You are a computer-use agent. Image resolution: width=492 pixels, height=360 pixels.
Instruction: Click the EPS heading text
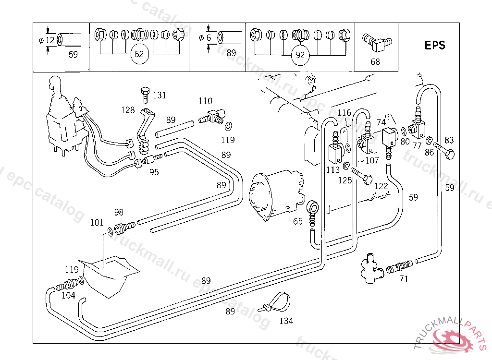click(x=435, y=45)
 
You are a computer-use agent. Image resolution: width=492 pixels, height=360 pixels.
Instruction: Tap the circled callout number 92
click(x=300, y=55)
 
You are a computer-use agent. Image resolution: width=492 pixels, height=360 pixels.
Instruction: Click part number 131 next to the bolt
click(x=159, y=95)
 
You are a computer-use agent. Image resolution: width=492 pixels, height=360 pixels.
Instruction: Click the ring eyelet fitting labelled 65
click(x=312, y=210)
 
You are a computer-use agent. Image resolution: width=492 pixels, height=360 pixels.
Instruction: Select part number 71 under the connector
click(x=404, y=279)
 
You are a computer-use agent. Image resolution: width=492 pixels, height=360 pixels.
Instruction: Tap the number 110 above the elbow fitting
click(x=205, y=101)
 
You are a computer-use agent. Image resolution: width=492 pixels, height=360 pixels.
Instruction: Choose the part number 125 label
click(x=345, y=180)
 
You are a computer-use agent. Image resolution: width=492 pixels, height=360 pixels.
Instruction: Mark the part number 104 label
click(x=68, y=295)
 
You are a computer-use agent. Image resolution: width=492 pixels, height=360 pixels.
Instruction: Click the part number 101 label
click(x=97, y=222)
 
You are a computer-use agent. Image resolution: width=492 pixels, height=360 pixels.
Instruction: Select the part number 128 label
click(x=128, y=110)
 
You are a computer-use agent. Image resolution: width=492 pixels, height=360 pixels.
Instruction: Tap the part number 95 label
click(x=154, y=172)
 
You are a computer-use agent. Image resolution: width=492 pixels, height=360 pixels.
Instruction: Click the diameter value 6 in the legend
click(x=209, y=37)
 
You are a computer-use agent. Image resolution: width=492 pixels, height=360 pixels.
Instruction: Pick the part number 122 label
click(x=381, y=186)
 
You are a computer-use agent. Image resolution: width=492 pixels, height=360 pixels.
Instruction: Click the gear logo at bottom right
click(x=453, y=339)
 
